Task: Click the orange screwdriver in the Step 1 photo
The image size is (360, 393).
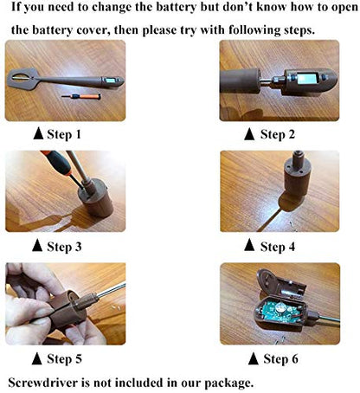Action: click(x=81, y=96)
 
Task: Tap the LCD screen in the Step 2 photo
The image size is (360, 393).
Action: click(x=306, y=79)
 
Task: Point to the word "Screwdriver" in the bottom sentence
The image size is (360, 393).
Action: click(x=43, y=383)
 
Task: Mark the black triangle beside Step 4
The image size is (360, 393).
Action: click(x=249, y=245)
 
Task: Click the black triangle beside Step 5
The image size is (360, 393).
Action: click(x=36, y=358)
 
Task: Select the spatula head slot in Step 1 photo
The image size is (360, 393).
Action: click(x=20, y=77)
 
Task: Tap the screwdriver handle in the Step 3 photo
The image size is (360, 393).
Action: click(x=56, y=162)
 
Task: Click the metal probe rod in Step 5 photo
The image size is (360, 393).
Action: click(x=112, y=289)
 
